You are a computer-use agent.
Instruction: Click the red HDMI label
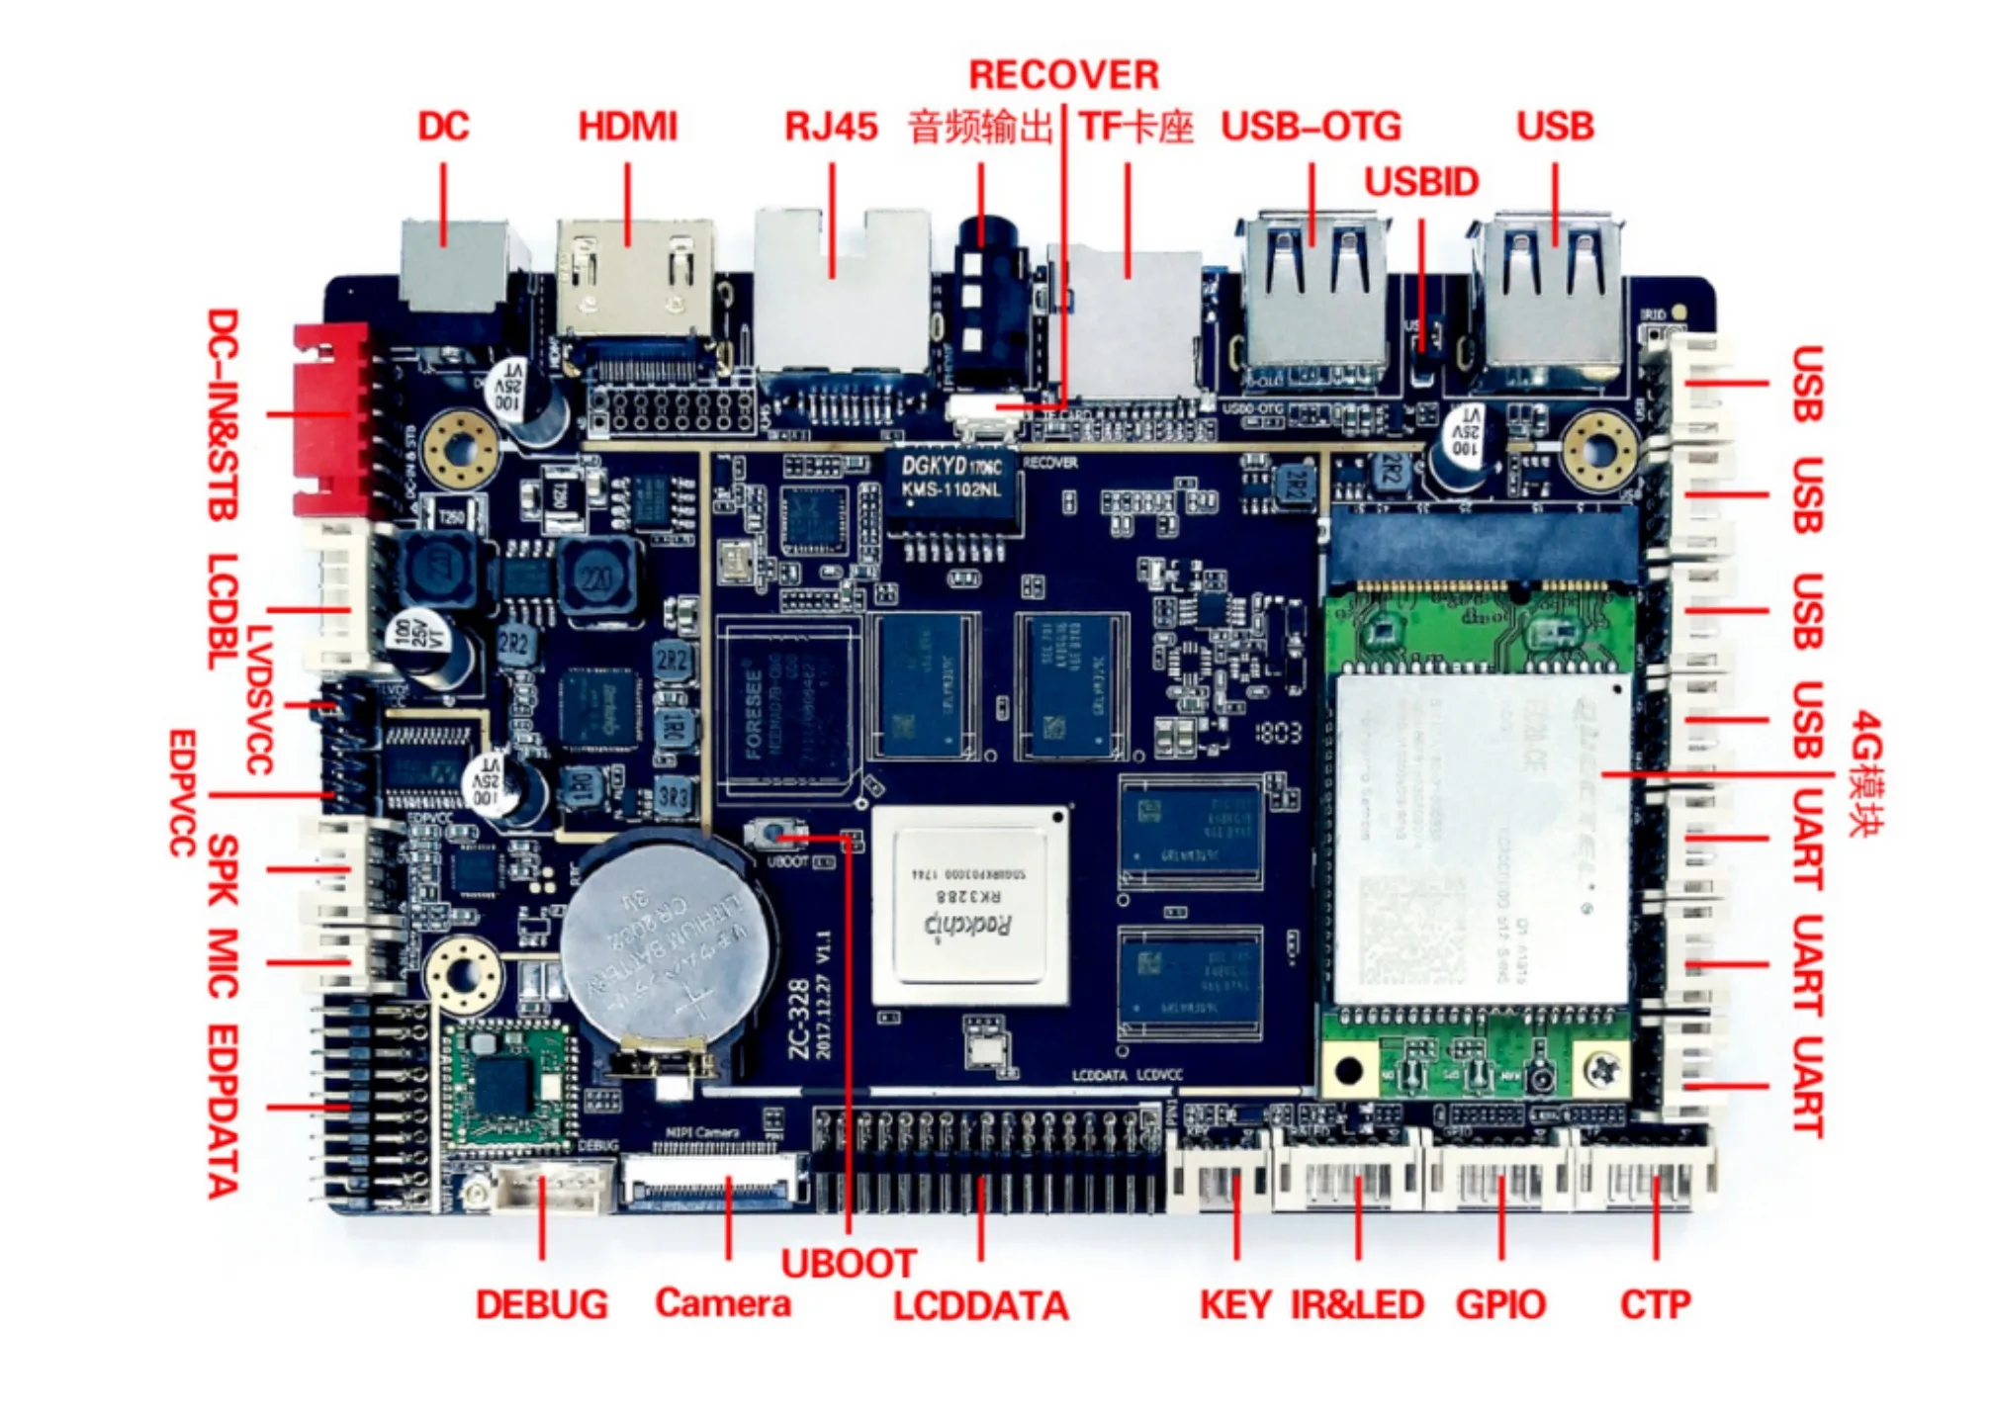tap(627, 128)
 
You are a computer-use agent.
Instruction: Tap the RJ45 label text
tap(830, 128)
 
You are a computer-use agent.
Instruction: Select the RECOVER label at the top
tap(1063, 76)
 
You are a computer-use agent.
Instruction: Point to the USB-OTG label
tap(1311, 128)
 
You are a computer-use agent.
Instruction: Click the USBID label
tap(1421, 183)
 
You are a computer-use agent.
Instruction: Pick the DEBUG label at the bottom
tap(541, 1305)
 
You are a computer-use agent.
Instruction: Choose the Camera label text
tap(723, 1303)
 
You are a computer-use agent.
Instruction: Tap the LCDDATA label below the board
tap(981, 1307)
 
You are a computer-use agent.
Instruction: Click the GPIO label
tap(1499, 1305)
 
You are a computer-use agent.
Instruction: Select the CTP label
tap(1655, 1305)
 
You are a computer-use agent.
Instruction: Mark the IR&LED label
tap(1357, 1305)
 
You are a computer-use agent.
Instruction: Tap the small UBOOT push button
tap(770, 836)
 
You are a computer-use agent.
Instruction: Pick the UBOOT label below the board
tap(848, 1264)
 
